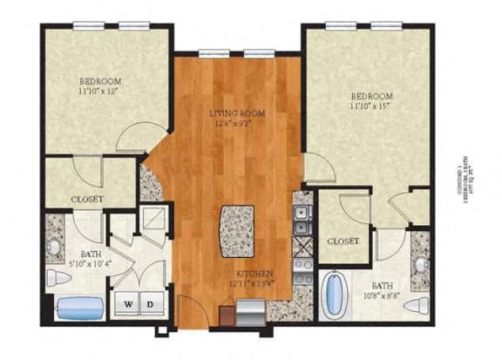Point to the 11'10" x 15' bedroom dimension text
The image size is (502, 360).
[372, 106]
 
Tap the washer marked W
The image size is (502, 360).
[128, 304]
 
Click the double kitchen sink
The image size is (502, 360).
[302, 220]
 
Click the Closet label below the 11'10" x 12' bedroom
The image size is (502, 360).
[87, 200]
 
